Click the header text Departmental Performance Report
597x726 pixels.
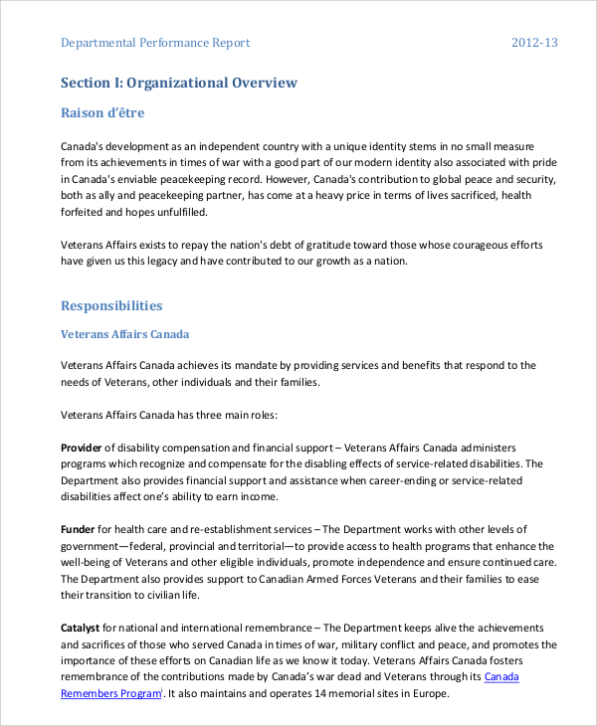click(155, 43)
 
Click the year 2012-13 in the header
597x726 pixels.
click(534, 43)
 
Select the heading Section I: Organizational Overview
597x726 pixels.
click(179, 83)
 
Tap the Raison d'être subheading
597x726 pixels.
click(103, 112)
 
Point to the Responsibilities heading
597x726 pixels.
click(111, 305)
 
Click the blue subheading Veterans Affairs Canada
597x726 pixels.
click(125, 334)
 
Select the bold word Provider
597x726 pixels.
click(82, 448)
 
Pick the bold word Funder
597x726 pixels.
click(78, 528)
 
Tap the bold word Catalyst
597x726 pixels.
click(81, 628)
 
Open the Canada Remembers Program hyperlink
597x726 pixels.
click(108, 692)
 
